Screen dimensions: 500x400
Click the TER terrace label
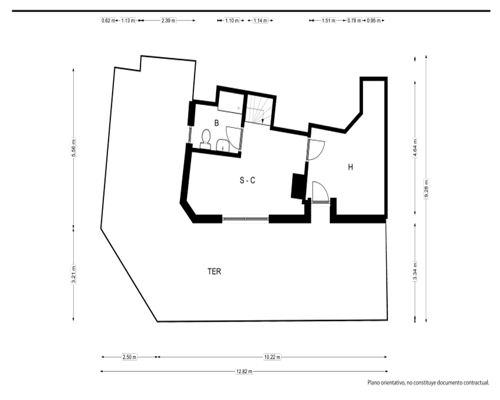tap(214, 271)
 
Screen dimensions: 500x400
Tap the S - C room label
tap(247, 180)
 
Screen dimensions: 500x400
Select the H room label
tap(350, 167)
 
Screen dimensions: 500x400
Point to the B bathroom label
tap(216, 123)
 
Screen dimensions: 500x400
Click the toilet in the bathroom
tap(205, 139)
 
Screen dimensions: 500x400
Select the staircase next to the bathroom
tap(259, 110)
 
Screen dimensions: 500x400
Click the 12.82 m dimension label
tap(244, 371)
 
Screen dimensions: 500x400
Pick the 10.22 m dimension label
tap(272, 357)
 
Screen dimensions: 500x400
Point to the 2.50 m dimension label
tap(129, 357)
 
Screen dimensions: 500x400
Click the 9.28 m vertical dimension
tap(426, 189)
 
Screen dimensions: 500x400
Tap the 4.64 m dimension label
tap(415, 147)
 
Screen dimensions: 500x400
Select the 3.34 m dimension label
tap(415, 271)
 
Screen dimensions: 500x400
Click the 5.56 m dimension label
tap(73, 148)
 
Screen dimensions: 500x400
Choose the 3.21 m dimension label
tap(73, 274)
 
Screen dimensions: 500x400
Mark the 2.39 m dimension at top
tap(168, 20)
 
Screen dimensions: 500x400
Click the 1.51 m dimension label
tap(328, 20)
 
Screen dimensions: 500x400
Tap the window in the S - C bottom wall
tap(245, 219)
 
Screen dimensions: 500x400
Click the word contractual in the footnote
tap(476, 382)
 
